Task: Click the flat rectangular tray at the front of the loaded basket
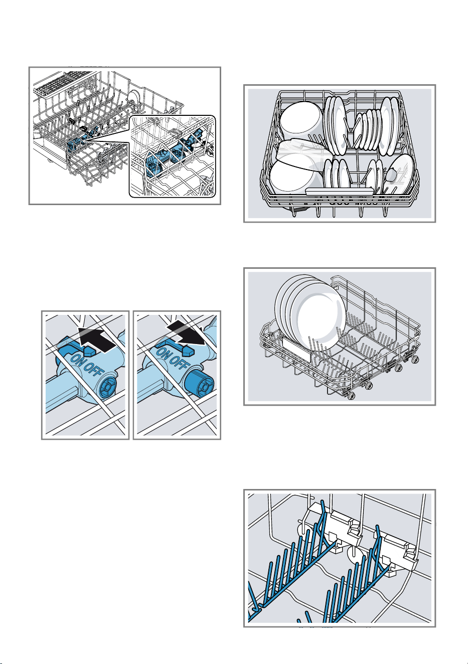click(339, 191)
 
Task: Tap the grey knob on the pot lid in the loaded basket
click(391, 175)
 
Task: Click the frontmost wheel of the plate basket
click(352, 395)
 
